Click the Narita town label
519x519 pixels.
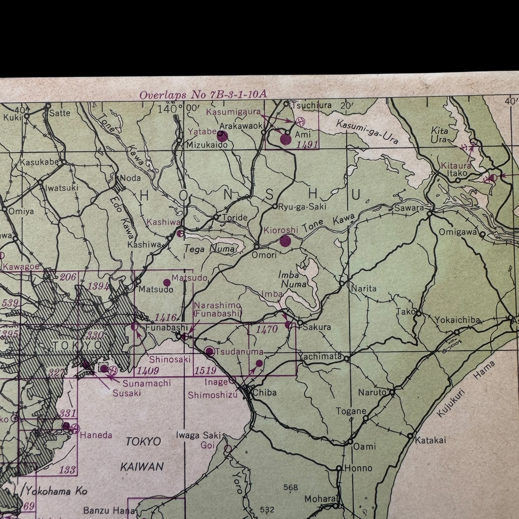364,289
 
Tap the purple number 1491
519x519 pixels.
307,145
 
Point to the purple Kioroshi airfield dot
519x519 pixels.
285,241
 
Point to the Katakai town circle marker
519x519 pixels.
410,436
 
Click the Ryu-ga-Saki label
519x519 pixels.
302,207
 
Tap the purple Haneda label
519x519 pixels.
96,435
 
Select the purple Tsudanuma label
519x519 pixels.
239,352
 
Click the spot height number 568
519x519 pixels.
291,487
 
